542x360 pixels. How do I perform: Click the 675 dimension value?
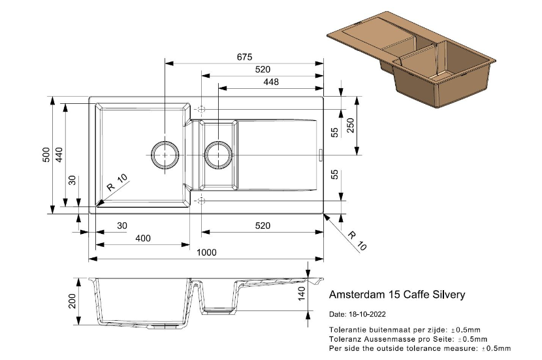click(244, 57)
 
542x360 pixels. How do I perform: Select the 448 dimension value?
click(270, 82)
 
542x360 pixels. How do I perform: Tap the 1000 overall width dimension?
click(207, 252)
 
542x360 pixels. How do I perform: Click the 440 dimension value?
click(59, 155)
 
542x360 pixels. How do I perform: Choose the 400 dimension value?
click(142, 238)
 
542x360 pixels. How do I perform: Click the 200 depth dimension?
click(72, 301)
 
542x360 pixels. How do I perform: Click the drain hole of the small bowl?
click(217, 154)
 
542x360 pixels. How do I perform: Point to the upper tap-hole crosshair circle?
click(201, 108)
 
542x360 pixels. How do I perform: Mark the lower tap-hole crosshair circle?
click(201, 199)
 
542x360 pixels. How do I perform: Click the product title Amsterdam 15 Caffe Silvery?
click(397, 295)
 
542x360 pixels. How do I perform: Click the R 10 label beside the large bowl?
click(118, 182)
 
